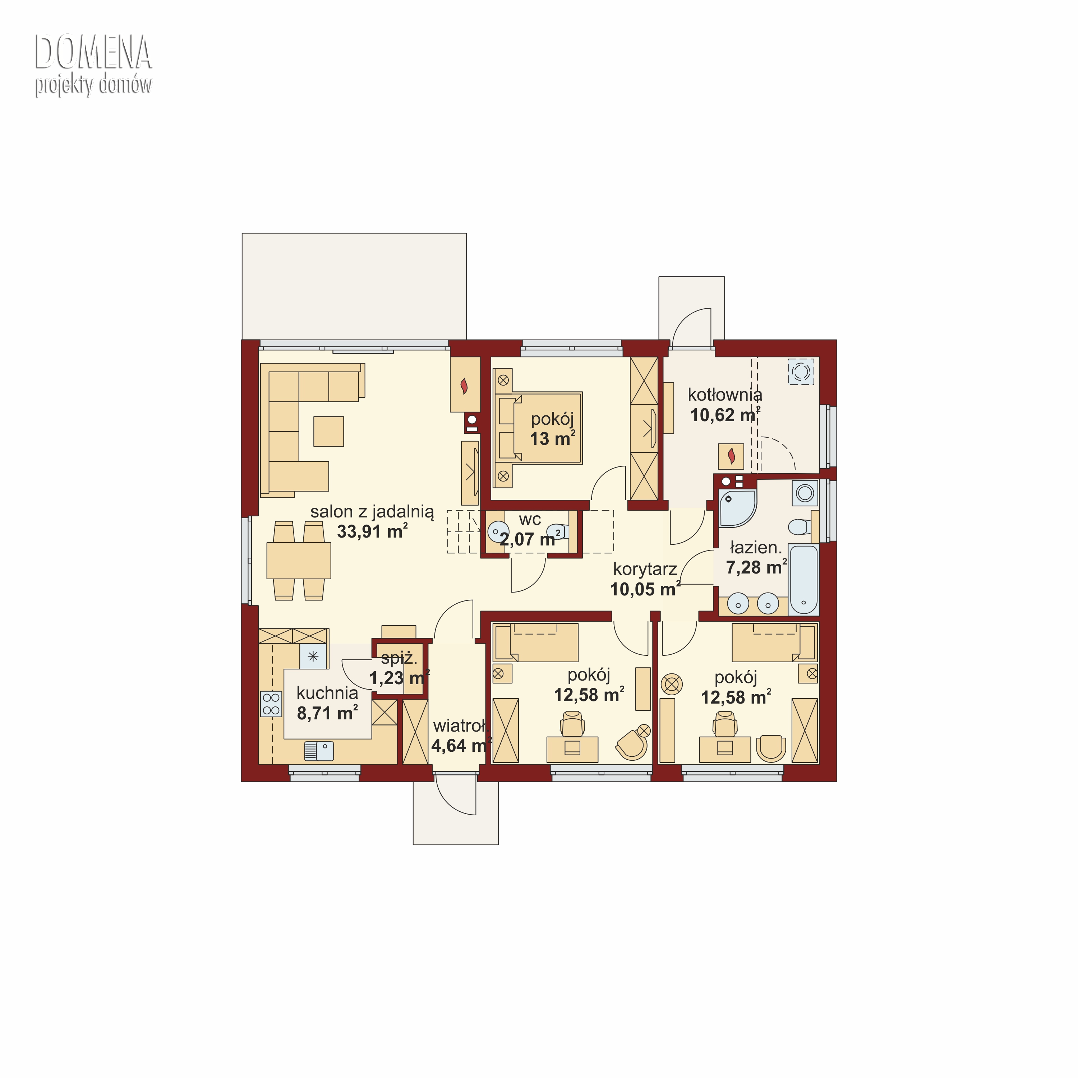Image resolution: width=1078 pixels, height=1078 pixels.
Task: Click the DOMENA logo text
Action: click(x=93, y=52)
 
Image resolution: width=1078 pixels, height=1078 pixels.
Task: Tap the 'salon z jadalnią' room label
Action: click(x=372, y=512)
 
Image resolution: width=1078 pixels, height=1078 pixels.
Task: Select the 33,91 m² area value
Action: click(x=372, y=531)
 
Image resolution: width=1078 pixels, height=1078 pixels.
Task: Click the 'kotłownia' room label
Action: click(x=725, y=395)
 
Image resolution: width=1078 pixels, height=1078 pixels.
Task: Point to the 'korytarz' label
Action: click(x=645, y=569)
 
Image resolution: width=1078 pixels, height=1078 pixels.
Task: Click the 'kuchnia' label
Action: click(x=327, y=693)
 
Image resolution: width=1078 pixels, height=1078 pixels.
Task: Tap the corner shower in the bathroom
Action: click(x=737, y=508)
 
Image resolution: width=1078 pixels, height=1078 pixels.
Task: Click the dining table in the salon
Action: click(x=299, y=560)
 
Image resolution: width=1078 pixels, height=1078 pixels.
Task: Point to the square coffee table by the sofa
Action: click(x=329, y=431)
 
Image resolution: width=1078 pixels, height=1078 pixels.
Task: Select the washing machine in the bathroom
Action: click(x=805, y=493)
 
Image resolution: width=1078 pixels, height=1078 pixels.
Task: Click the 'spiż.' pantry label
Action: click(x=399, y=658)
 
